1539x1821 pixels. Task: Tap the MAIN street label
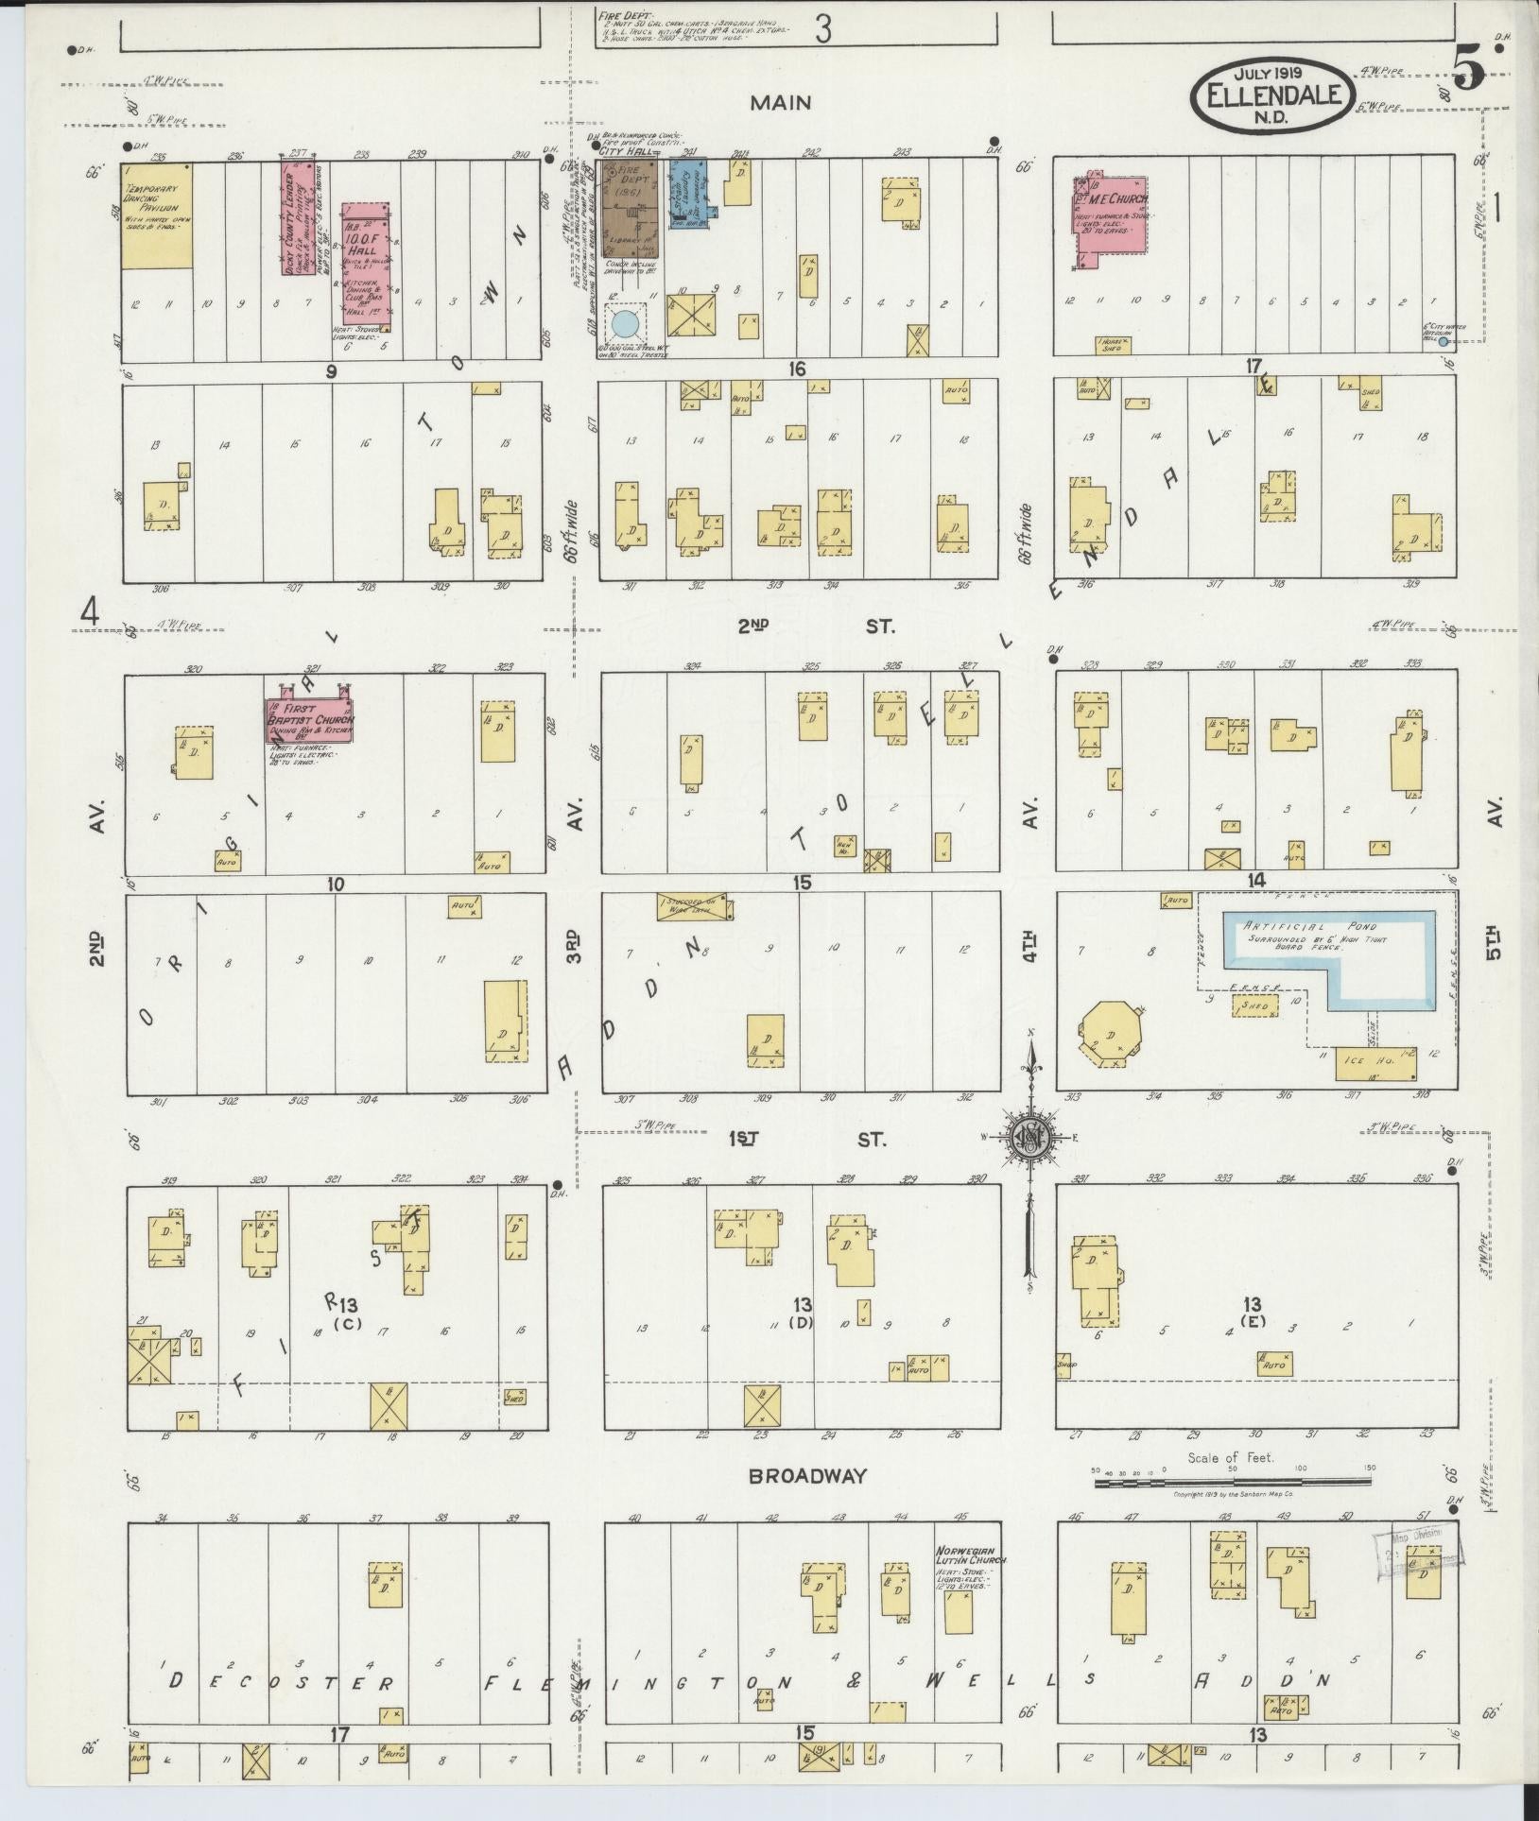click(x=781, y=102)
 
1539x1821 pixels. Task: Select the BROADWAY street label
click(x=806, y=1476)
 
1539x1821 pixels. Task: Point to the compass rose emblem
click(x=1028, y=1137)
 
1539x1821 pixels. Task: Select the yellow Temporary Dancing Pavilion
click(x=157, y=215)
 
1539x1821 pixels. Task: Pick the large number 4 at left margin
click(x=90, y=613)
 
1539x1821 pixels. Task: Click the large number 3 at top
click(x=822, y=30)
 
